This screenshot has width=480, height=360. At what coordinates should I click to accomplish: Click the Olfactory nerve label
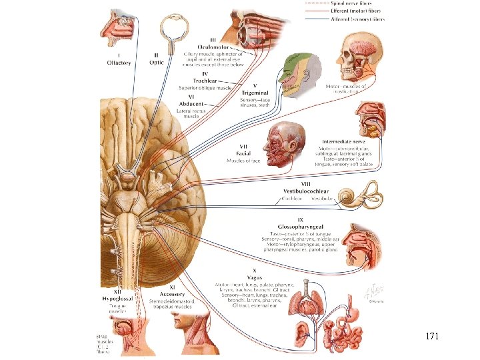coord(119,63)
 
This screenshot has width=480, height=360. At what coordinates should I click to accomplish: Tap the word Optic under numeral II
coord(157,63)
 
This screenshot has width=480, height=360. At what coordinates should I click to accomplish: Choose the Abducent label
coord(192,103)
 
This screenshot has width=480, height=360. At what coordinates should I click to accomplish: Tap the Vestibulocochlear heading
coord(305,191)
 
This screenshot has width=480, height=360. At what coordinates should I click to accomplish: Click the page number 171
coord(432,337)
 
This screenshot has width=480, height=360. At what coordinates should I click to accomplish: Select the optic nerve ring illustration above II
coord(171,30)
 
